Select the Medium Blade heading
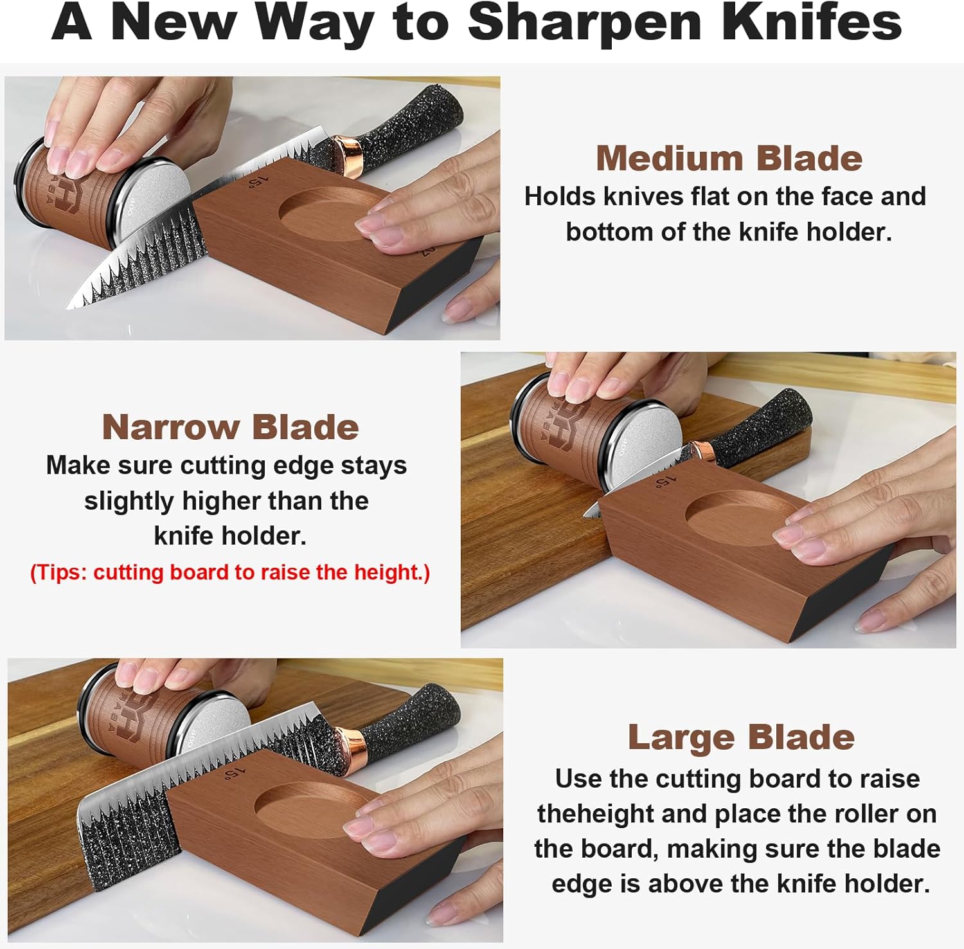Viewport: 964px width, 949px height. [x=729, y=158]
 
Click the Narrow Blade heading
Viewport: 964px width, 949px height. [x=230, y=427]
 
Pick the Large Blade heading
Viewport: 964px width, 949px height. [x=741, y=737]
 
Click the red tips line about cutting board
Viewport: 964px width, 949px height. [x=230, y=572]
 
